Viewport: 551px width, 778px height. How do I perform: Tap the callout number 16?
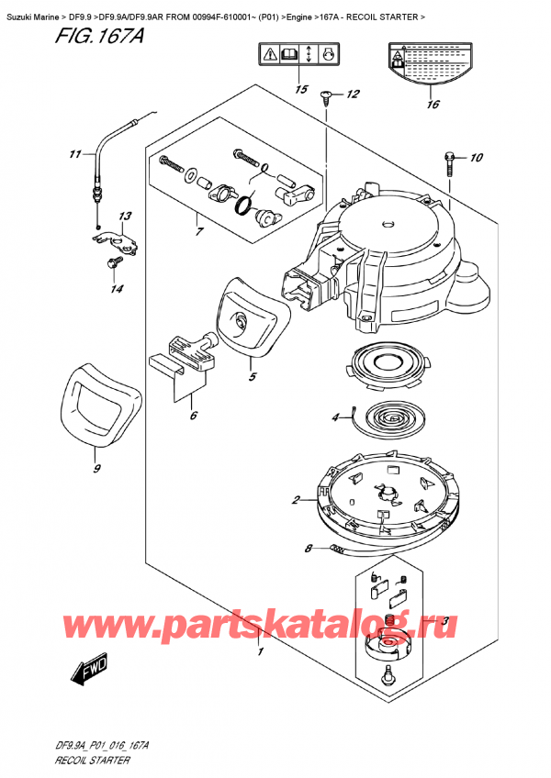click(x=433, y=105)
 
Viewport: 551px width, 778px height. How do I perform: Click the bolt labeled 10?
click(x=449, y=164)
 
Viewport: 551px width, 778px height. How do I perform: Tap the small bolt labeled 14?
click(x=111, y=264)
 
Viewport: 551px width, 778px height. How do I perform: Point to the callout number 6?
click(x=194, y=415)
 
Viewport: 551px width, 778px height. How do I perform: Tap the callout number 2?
click(x=297, y=500)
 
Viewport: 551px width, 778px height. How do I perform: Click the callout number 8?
click(x=308, y=550)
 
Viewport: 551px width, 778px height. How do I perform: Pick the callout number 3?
click(x=445, y=621)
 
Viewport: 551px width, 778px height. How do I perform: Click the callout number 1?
click(x=261, y=653)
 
